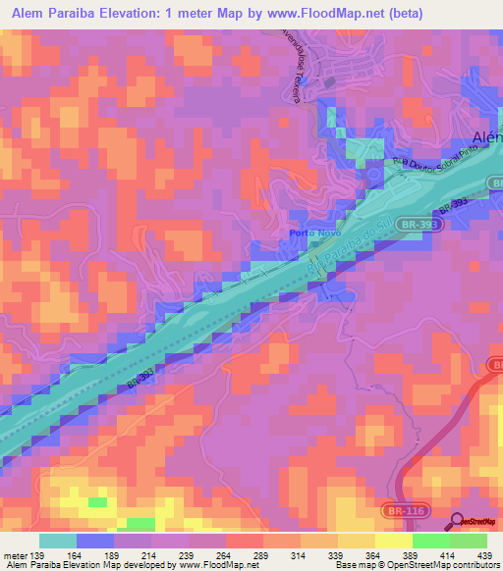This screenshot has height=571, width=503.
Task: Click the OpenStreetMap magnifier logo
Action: (458, 522)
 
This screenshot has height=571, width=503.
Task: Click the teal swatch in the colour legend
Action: (58, 541)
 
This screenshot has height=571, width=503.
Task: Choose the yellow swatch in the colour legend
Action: (393, 541)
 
